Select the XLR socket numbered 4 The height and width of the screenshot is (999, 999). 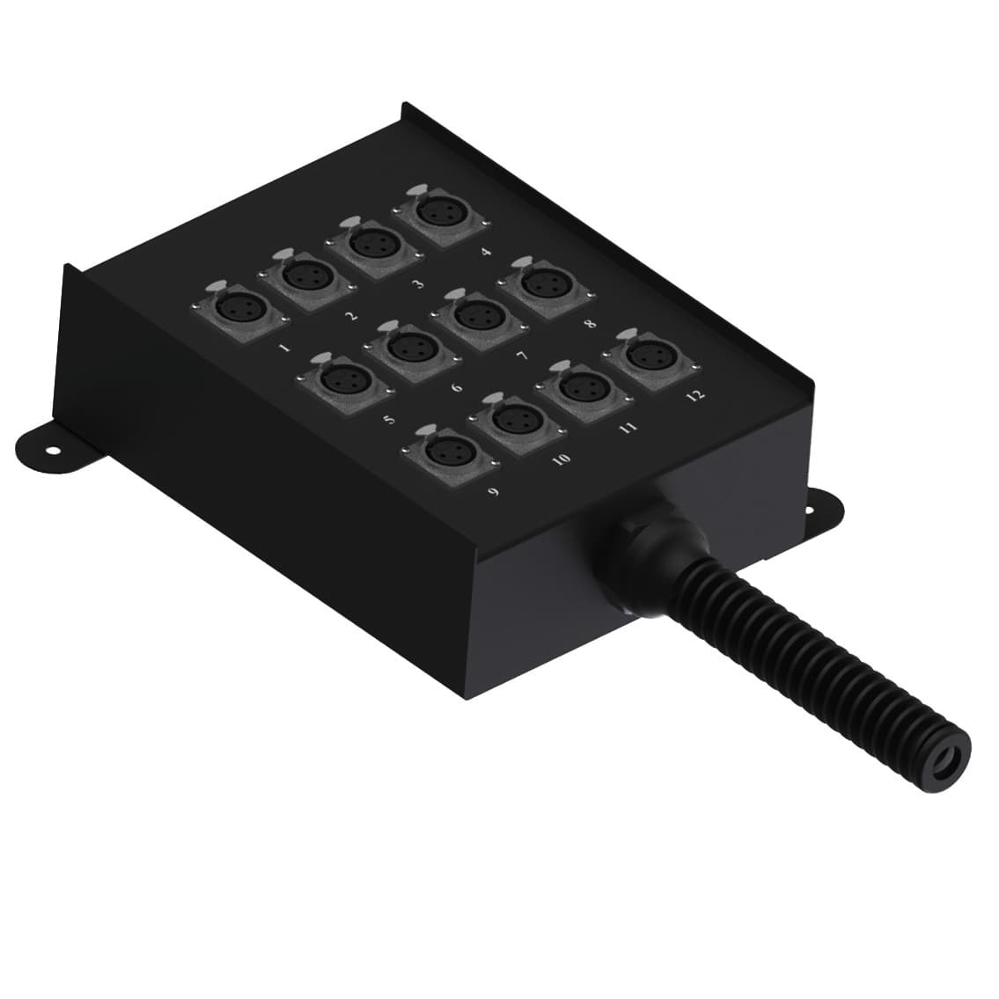437,214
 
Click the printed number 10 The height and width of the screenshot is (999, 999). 561,457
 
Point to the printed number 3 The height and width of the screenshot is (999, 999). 417,283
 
